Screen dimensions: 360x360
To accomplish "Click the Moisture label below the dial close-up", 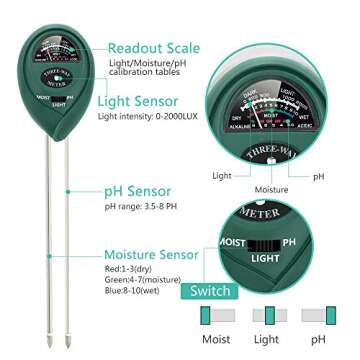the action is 271,189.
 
